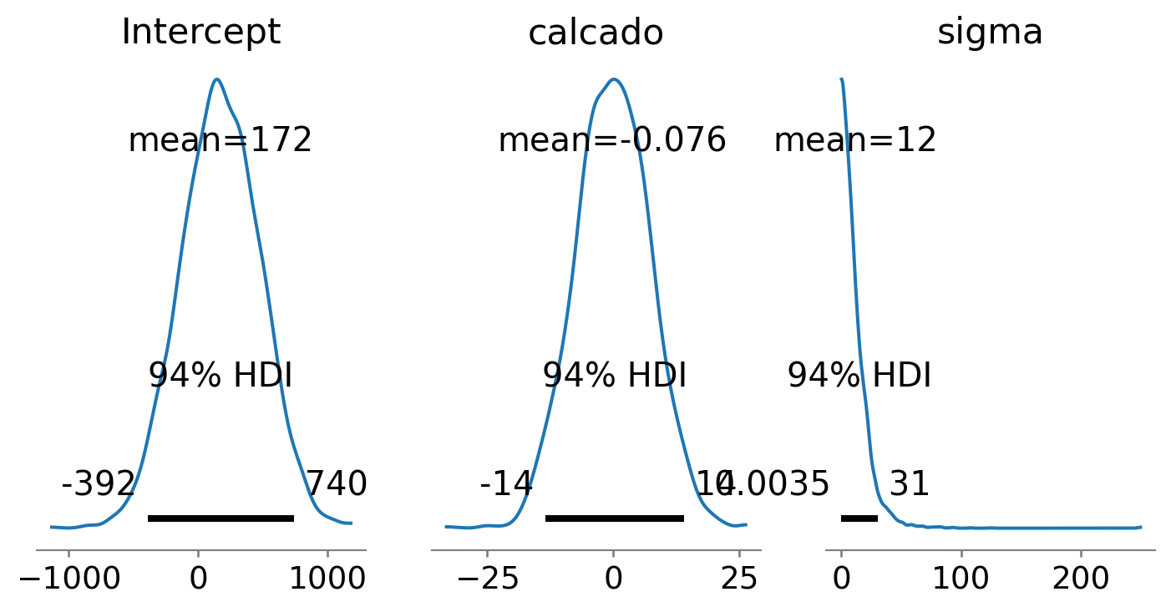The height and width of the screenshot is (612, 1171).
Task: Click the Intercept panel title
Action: coord(200,33)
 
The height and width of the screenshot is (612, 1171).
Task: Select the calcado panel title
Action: coord(596,33)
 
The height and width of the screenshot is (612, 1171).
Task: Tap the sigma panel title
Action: coord(990,33)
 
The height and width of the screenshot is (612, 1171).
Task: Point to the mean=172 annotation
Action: coord(220,140)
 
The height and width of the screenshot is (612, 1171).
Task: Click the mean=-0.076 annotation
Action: coord(612,140)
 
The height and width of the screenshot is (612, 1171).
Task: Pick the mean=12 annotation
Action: coord(854,140)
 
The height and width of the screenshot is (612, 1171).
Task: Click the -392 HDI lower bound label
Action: coord(98,484)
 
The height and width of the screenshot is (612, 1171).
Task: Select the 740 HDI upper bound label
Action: coord(336,484)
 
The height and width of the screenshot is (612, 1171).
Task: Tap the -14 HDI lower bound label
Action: coord(505,484)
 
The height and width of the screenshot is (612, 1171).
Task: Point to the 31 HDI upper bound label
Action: coord(909,484)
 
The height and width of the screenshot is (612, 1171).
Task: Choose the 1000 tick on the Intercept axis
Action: coord(327,578)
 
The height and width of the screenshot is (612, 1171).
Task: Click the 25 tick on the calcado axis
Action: coord(739,578)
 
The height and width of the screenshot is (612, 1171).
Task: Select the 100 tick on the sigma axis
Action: coord(961,578)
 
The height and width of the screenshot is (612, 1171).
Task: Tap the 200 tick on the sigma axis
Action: coord(1081,578)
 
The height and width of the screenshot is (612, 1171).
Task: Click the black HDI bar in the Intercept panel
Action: coord(221,518)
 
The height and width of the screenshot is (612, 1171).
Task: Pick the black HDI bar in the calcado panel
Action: coord(614,518)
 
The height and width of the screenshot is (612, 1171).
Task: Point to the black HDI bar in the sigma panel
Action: coord(859,518)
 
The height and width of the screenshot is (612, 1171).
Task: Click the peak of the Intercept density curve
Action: coord(216,79)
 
